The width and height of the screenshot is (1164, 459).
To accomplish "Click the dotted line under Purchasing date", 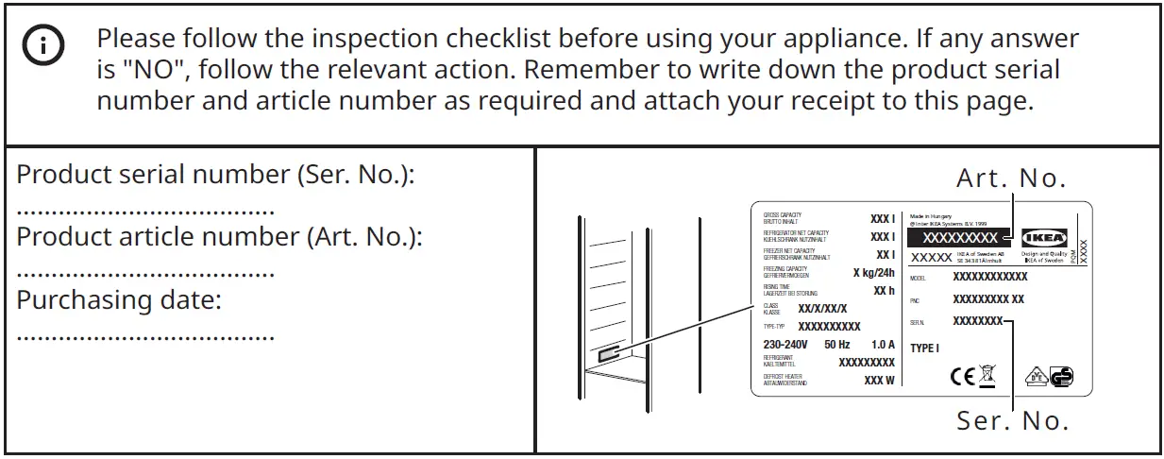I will click(x=146, y=337).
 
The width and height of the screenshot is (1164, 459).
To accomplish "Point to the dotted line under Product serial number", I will click(x=146, y=212).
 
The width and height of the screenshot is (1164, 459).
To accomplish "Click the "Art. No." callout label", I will click(x=1011, y=178).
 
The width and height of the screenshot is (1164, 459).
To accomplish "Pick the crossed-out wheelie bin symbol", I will click(x=987, y=376).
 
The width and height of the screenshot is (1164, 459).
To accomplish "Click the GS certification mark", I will click(x=1062, y=376).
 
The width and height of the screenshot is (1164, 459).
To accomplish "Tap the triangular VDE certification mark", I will click(x=1035, y=376).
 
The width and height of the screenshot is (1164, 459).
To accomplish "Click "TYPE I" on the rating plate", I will click(x=924, y=348).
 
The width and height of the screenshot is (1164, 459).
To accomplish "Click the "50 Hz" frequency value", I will click(x=836, y=345).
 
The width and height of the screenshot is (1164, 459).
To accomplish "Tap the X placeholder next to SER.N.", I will click(x=977, y=321).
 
